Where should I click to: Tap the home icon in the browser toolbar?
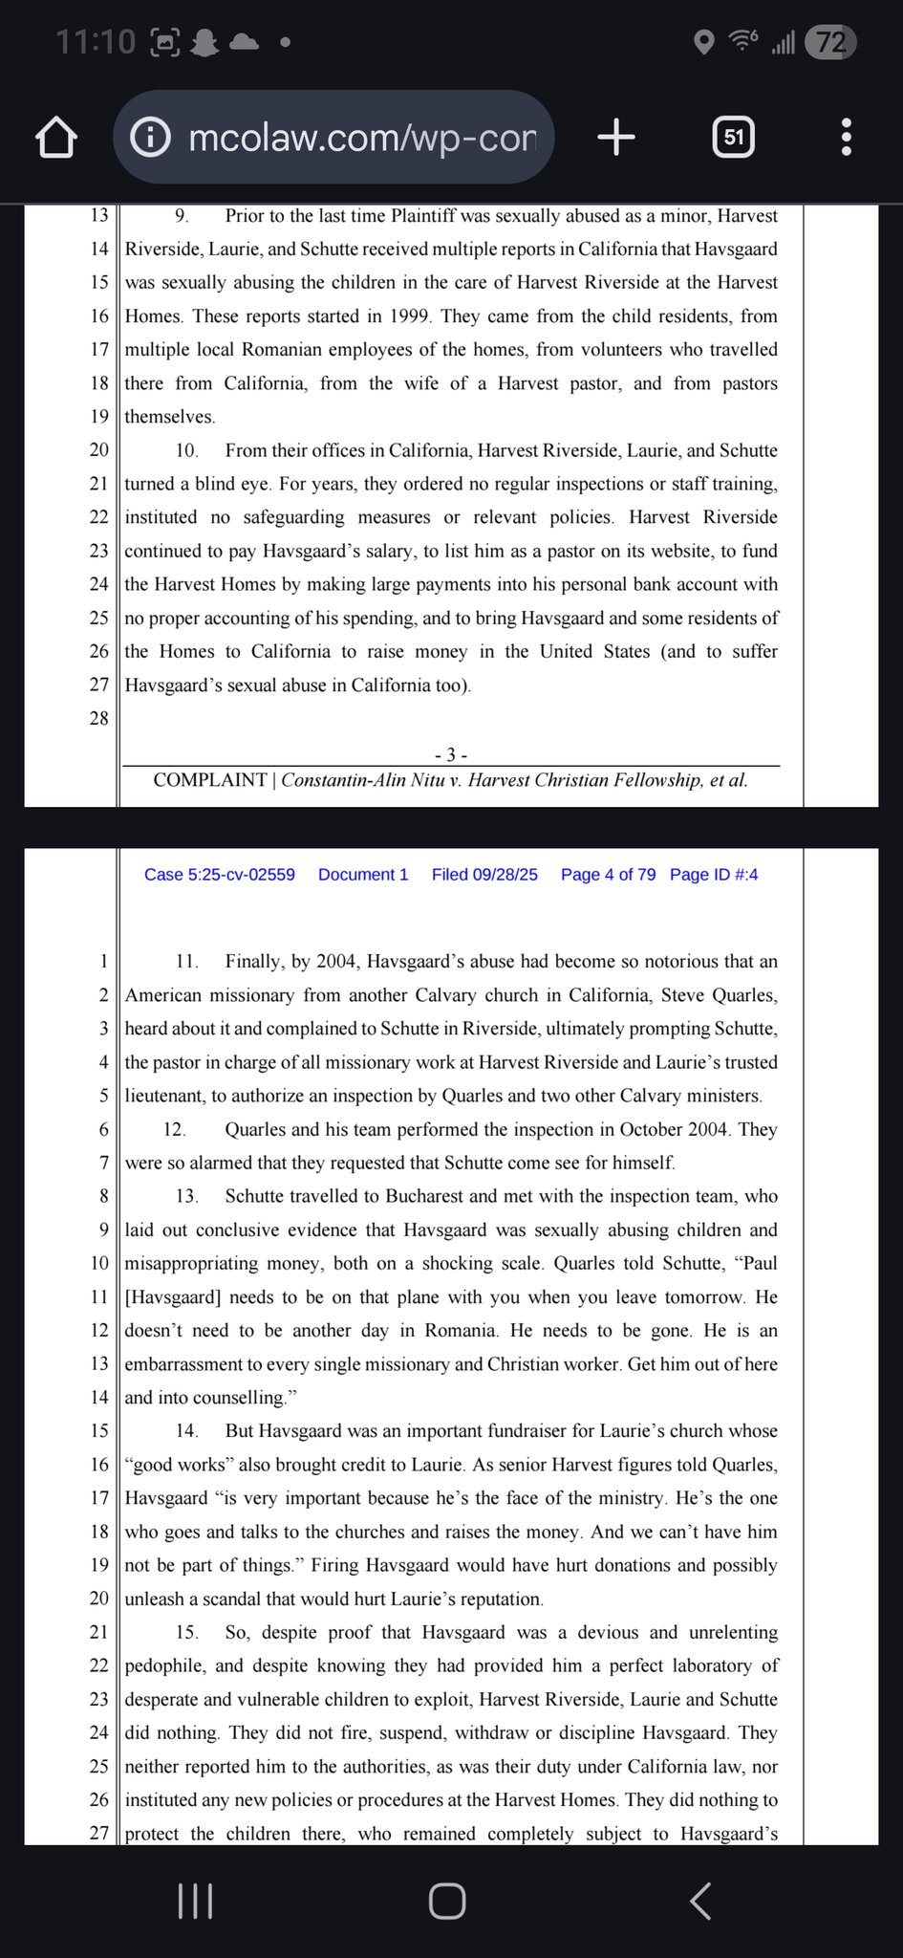(56, 138)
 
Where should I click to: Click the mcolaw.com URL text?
(362, 138)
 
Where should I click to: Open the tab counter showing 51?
(733, 138)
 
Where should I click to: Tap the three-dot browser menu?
(846, 138)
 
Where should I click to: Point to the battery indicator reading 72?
(830, 42)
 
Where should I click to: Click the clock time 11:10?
(96, 42)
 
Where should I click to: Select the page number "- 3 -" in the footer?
(450, 755)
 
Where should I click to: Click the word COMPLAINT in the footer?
(209, 780)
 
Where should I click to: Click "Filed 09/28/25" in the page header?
(484, 875)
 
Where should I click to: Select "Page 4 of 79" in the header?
(608, 875)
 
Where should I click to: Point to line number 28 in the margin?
(98, 719)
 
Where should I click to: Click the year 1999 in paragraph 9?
(412, 316)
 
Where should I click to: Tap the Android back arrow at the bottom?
(699, 1901)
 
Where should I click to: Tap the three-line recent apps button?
(196, 1901)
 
